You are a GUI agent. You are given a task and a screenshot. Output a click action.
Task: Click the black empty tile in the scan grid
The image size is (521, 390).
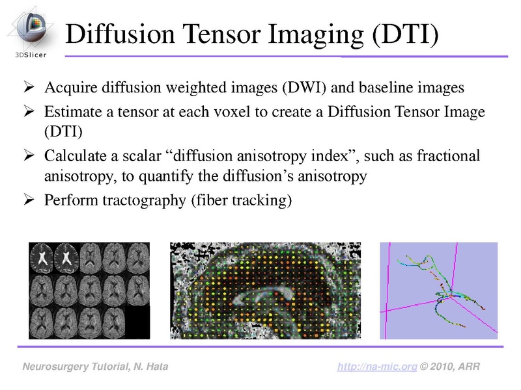coord(137,322)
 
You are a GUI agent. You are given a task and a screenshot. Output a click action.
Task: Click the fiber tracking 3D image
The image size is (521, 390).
coord(438,290)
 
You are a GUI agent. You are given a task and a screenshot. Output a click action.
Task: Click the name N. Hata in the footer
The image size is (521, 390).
coord(147,367)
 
